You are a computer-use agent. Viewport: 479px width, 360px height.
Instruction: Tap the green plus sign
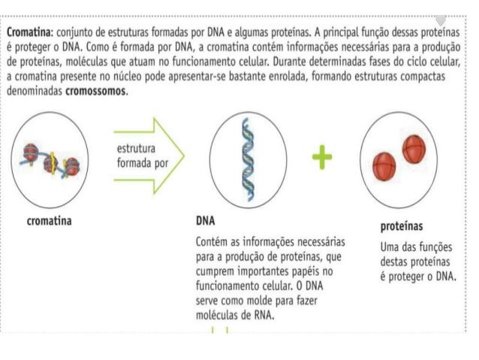322,156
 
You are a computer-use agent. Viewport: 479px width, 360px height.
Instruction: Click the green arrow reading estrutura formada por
147,157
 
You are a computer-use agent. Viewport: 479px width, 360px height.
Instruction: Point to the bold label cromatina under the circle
49,222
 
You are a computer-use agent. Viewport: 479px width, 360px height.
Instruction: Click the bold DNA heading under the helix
205,222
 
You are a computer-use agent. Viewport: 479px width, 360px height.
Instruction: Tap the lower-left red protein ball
385,163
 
